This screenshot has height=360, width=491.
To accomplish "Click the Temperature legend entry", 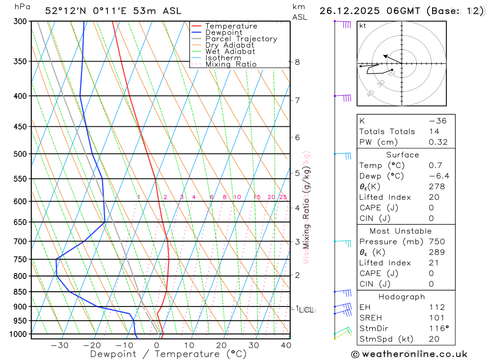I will coord(231,26).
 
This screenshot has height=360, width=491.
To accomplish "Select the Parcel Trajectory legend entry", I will coord(241,39).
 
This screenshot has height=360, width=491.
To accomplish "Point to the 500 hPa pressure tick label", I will coord(20,154).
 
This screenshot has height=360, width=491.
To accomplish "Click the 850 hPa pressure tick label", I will coord(20,292).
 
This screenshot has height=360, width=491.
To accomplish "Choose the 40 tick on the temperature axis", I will coord(285,345).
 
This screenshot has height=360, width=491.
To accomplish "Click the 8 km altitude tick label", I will coord(297,62).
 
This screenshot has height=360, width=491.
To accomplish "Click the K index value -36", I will coord(437,121).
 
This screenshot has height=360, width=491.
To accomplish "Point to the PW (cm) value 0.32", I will coord(438,142).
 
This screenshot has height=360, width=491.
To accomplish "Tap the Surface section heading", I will coord(403,155).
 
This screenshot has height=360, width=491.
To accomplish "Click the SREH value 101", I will coord(436,318).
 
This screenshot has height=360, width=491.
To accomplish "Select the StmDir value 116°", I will coord(437,329).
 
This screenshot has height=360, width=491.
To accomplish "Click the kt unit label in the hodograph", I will coord(363,26).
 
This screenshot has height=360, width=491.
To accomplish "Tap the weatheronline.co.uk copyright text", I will coord(409,354).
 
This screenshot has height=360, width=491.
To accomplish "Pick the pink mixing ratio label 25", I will coord(283,197).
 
